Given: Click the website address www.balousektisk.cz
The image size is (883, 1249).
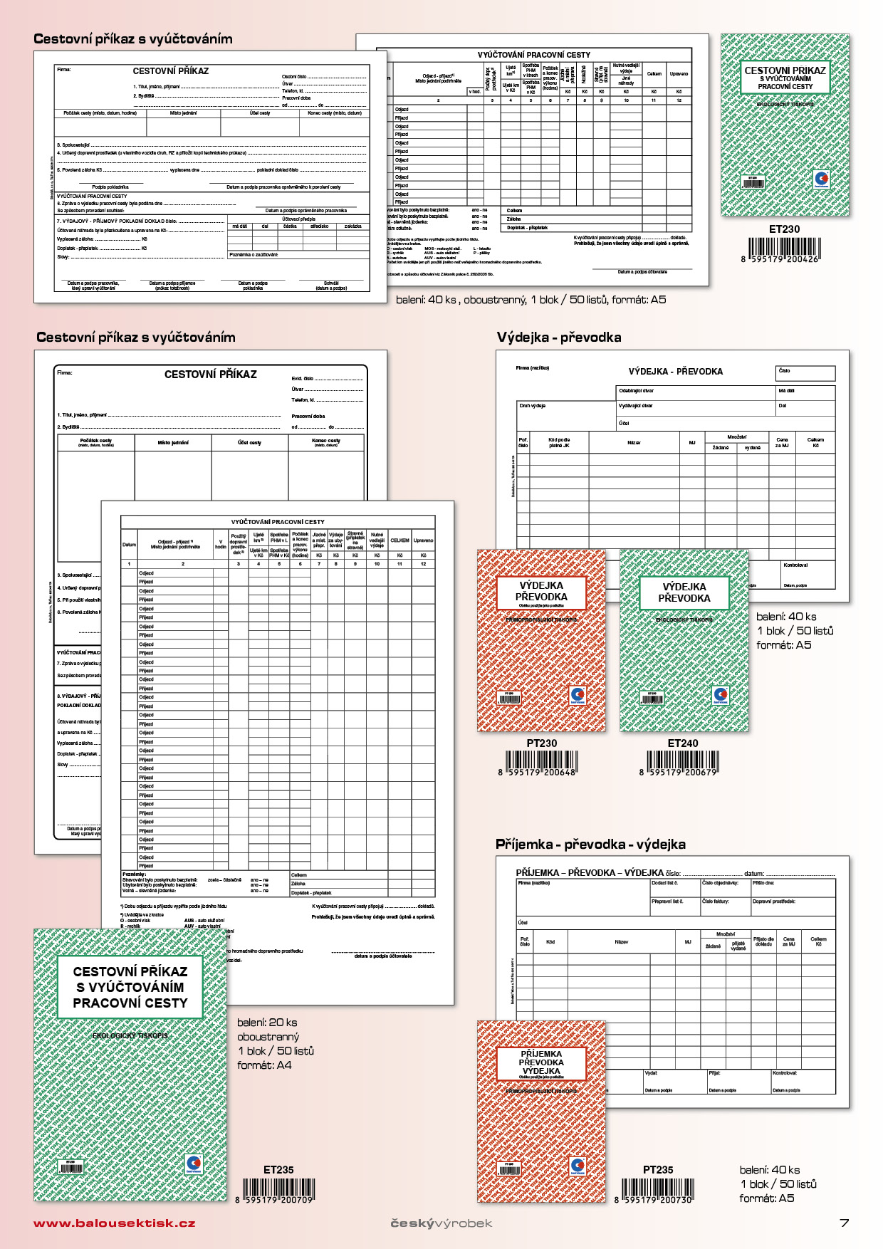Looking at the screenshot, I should [x=114, y=1223].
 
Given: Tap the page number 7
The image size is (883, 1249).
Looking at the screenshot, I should [x=845, y=1223].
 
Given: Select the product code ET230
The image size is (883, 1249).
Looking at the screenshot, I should [x=784, y=229].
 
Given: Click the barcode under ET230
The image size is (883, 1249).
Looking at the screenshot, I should [x=784, y=249].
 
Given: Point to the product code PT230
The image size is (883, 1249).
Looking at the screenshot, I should [x=542, y=743].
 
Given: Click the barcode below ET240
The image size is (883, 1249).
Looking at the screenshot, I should [x=683, y=762].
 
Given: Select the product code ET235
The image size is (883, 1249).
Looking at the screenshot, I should [x=278, y=1170].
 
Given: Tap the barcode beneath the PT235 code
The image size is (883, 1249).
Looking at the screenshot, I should [x=657, y=1189].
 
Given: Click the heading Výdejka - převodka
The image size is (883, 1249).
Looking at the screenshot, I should [x=559, y=338].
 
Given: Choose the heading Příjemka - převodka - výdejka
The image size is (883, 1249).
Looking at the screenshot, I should [x=590, y=845].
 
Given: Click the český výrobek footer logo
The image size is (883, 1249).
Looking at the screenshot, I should [x=441, y=1223].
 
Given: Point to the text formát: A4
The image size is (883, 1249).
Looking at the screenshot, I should [x=264, y=1065].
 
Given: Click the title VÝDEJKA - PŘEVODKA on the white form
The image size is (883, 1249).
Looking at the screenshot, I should [x=675, y=372].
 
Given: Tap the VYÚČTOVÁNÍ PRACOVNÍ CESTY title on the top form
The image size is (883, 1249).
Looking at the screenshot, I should [x=533, y=55].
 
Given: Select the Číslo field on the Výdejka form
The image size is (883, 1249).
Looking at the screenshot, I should [x=805, y=373].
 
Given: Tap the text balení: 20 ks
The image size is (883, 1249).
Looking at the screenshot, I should [x=267, y=1023].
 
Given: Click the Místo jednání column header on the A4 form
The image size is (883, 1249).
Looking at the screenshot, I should [x=173, y=443].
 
